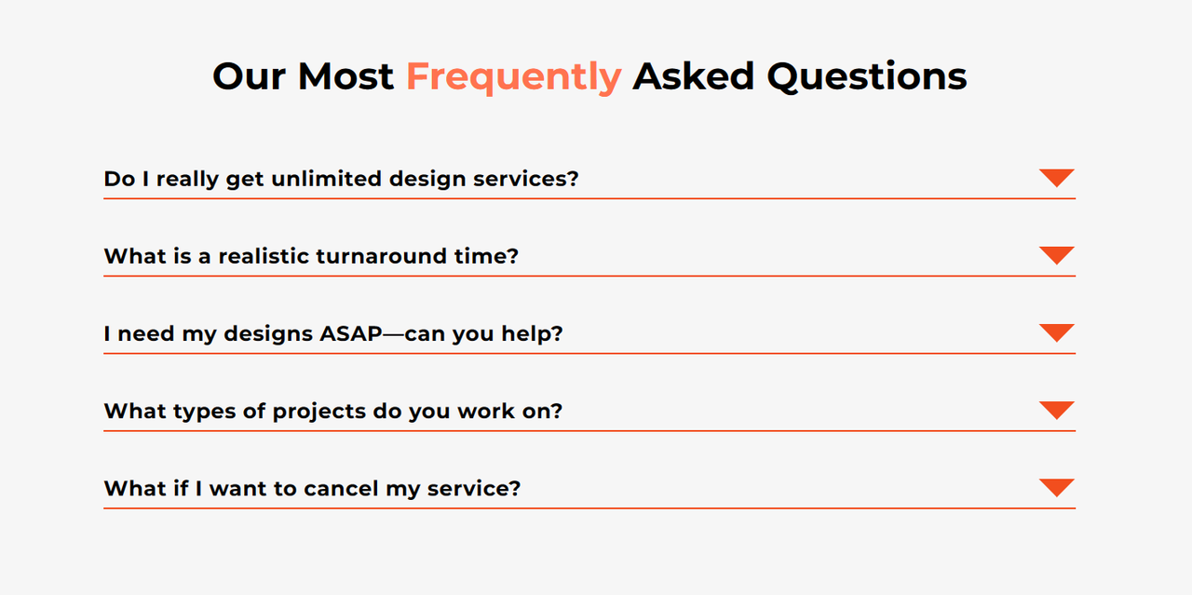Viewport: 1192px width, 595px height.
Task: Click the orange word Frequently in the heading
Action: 513,77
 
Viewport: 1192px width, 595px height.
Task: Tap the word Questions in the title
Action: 867,77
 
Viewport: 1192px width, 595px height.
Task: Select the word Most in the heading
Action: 345,76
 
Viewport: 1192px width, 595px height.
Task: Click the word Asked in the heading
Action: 694,76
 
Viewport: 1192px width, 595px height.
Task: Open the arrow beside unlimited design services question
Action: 1056,178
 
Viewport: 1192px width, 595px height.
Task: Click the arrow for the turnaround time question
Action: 1056,255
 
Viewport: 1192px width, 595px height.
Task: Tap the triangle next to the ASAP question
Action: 1056,332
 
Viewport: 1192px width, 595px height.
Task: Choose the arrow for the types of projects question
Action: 1056,410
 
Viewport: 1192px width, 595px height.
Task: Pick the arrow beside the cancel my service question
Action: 1056,488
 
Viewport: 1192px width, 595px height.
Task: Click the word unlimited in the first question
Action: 326,179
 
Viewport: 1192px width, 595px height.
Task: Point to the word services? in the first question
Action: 526,179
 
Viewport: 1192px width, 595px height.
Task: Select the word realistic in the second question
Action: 264,256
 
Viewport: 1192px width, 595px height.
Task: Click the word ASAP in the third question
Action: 351,333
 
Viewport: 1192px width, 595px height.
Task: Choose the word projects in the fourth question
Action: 318,412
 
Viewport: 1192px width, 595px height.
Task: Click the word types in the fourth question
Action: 204,412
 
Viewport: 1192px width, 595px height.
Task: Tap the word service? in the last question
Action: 474,489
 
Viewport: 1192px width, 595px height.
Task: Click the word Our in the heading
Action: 249,76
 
